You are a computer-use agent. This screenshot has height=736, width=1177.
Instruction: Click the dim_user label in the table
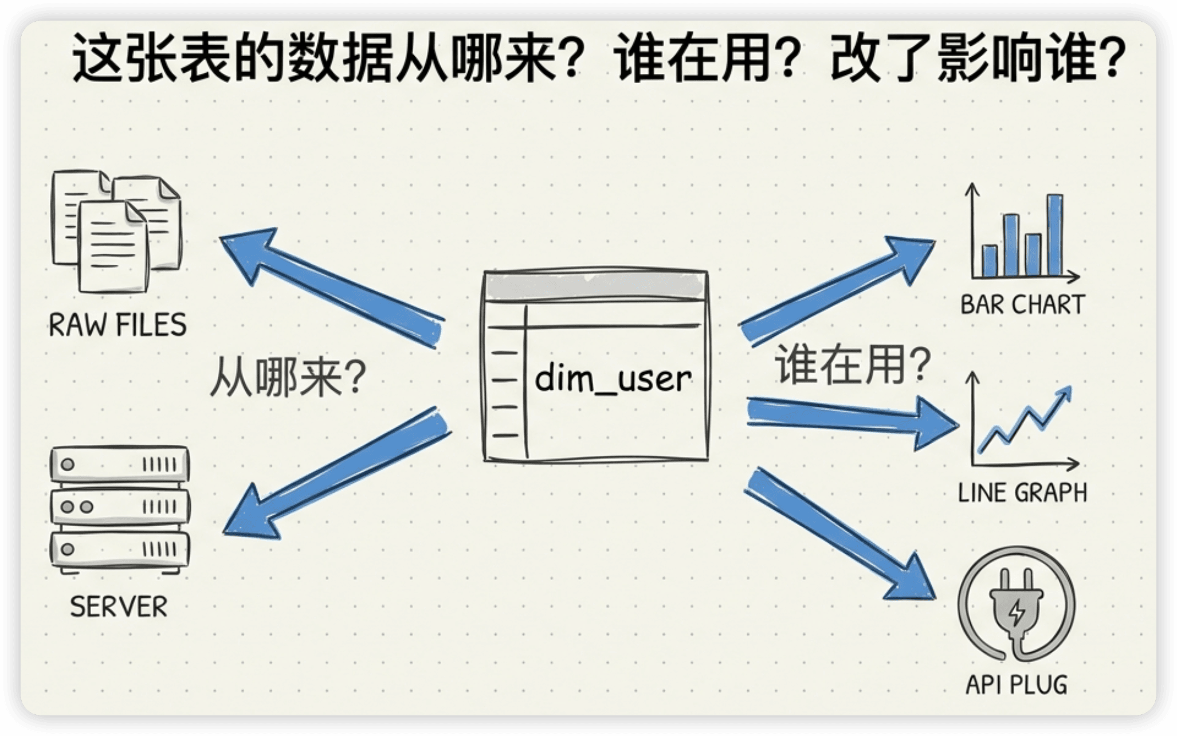click(x=613, y=379)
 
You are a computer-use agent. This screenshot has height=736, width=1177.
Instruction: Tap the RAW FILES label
click(x=117, y=325)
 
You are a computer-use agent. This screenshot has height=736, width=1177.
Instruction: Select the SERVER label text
click(x=119, y=606)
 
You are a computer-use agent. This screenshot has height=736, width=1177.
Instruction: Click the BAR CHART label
click(x=1022, y=304)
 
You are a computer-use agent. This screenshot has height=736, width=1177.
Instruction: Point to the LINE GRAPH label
click(x=1022, y=493)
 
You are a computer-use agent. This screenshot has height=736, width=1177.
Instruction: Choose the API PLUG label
click(x=1017, y=684)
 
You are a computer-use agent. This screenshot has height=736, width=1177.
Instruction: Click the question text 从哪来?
click(x=288, y=378)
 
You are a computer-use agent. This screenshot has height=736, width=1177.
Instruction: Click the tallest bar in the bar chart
click(x=1055, y=235)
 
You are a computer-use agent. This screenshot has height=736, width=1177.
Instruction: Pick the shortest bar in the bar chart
click(x=990, y=261)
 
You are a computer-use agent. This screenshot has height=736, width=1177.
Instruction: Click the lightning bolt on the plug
click(x=1017, y=613)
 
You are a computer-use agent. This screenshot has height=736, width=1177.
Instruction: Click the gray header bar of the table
click(x=595, y=285)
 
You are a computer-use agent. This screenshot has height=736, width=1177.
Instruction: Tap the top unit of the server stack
click(x=120, y=464)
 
